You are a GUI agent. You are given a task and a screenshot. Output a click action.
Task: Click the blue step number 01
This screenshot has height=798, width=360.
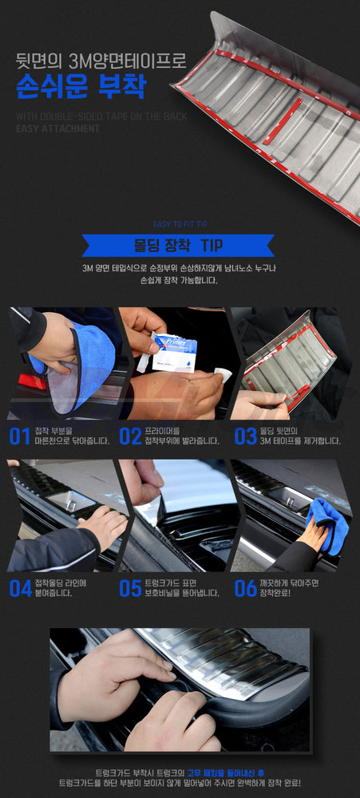19,436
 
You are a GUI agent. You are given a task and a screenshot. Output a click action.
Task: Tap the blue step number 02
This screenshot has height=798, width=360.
130,436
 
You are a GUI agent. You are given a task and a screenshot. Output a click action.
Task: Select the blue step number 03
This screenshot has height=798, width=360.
245,436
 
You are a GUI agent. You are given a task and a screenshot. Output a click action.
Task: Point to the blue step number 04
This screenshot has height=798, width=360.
21,588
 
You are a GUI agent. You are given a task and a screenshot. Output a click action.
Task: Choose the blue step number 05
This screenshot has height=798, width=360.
130,588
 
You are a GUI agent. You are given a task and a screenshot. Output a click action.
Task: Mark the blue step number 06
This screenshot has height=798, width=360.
245,588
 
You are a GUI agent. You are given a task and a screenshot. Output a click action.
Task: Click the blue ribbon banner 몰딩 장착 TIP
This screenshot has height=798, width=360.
178,245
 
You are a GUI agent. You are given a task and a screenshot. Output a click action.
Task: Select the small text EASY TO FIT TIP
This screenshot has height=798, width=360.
180,224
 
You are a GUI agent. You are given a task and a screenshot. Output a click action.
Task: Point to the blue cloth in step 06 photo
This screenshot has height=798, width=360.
328,525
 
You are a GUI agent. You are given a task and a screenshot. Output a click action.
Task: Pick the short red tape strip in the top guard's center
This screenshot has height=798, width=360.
283,121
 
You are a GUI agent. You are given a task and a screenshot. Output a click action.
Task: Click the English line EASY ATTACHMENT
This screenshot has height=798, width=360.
57,128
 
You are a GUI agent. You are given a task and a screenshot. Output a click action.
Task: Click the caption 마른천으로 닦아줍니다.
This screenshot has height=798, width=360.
73,440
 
